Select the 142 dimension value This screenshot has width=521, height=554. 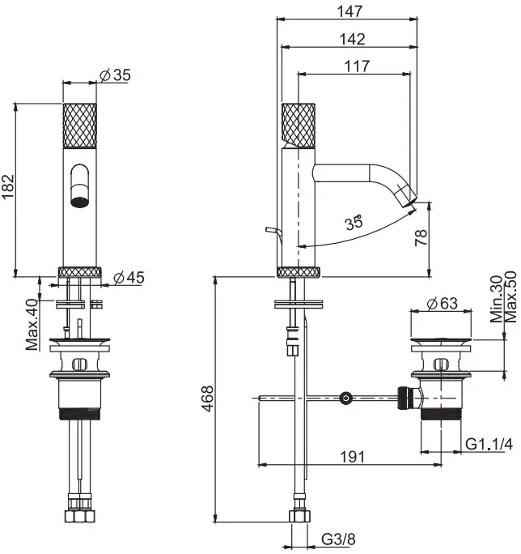click(352, 38)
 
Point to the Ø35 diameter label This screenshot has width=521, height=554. click(115, 75)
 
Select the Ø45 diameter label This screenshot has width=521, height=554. click(129, 278)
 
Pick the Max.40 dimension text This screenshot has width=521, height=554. click(32, 325)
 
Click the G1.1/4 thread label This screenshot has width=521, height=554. click(489, 444)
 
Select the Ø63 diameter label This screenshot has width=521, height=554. click(442, 303)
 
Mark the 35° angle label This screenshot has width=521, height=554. click(354, 223)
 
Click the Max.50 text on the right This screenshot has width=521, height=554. click(511, 296)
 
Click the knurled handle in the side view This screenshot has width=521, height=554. click(297, 126)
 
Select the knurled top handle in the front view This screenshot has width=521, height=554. click(80, 126)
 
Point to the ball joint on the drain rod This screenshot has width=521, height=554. click(346, 398)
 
